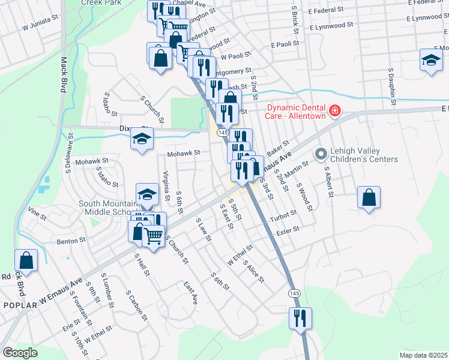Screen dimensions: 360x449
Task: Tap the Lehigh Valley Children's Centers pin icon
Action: point(321,155)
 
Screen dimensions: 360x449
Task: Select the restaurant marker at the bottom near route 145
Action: point(299,318)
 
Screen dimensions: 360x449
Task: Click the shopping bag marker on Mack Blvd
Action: point(26,260)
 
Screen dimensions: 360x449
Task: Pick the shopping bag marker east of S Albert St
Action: point(369,197)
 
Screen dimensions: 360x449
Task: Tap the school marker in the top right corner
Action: point(430,61)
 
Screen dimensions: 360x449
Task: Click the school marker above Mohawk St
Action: point(142,140)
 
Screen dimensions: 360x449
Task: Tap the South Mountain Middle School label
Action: point(109,208)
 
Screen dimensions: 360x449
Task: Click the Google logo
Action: point(20,352)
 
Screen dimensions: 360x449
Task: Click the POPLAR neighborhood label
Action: point(20,305)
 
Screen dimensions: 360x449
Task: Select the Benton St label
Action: point(71,241)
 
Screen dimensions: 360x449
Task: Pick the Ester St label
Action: point(288,230)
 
